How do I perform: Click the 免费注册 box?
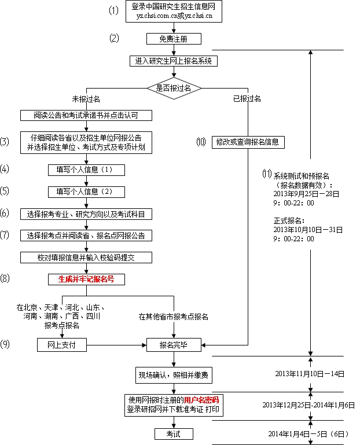pos(174,39)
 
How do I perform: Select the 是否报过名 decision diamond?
pos(174,88)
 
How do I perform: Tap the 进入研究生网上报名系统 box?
pos(174,61)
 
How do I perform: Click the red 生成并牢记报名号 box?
pos(86,279)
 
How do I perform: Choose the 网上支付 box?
pos(61,345)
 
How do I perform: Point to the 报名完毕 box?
pos(174,345)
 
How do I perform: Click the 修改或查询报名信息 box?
pos(240,142)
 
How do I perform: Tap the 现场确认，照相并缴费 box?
pos(174,374)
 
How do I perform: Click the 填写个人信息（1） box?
pos(86,170)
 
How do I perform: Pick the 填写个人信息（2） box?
pos(86,192)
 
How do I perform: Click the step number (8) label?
pos(5,279)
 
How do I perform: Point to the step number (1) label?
pos(114,11)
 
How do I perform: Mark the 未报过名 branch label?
pos(86,99)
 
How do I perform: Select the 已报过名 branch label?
pos(247,99)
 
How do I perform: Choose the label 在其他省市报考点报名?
pos(173,317)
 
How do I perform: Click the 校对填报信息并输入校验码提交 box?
pos(86,257)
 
